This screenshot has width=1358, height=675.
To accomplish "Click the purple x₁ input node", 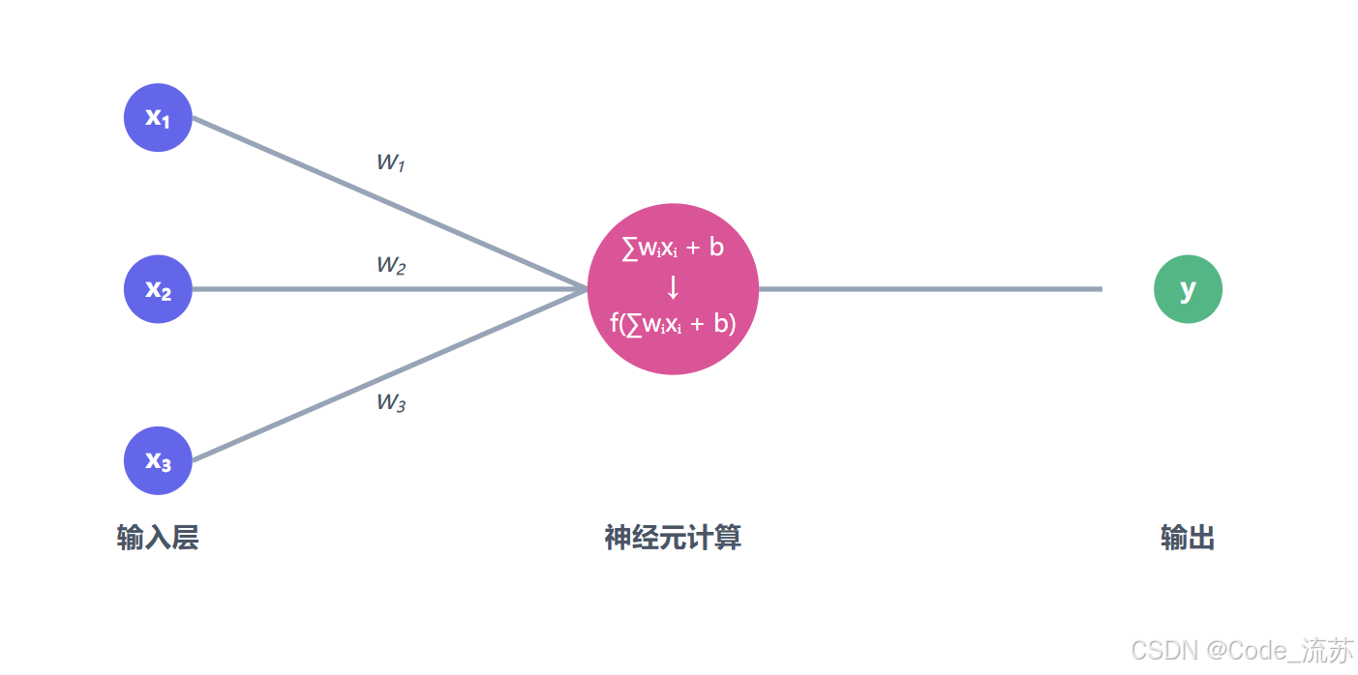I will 158,117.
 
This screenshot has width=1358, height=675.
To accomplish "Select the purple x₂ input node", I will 158,288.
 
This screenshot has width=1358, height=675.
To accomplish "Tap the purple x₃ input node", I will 158,460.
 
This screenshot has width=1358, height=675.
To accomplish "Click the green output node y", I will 1188,288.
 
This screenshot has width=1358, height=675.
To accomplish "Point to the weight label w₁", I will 390,161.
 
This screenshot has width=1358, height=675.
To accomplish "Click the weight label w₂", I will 390,264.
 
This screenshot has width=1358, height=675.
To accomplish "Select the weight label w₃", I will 390,402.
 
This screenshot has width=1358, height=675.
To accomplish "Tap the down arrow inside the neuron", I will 674,287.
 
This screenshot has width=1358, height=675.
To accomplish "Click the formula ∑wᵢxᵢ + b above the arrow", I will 673,248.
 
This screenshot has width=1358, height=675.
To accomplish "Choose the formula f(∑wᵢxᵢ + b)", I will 673,323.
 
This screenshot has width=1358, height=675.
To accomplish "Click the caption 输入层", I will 158,538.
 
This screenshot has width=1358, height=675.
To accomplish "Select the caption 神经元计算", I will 673,538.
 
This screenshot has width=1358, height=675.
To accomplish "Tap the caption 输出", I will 1188,538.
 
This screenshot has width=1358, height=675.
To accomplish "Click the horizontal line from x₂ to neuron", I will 387,288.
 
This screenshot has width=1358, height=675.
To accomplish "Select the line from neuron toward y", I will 929,288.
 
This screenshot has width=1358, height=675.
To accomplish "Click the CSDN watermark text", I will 1242,651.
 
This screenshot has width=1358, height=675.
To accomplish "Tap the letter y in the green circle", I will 1188,288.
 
